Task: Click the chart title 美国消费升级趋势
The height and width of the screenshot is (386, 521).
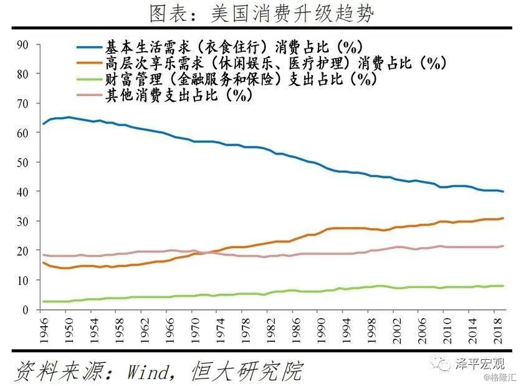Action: click(x=260, y=12)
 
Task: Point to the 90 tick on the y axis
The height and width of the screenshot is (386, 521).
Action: click(x=23, y=44)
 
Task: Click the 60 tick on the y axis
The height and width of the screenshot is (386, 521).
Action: click(x=23, y=133)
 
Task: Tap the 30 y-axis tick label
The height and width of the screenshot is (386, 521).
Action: click(x=23, y=221)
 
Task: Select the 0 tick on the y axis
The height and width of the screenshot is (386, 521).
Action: click(x=26, y=310)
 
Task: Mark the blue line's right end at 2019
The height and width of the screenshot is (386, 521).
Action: click(x=504, y=191)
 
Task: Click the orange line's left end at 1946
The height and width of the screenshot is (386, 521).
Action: click(x=43, y=263)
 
